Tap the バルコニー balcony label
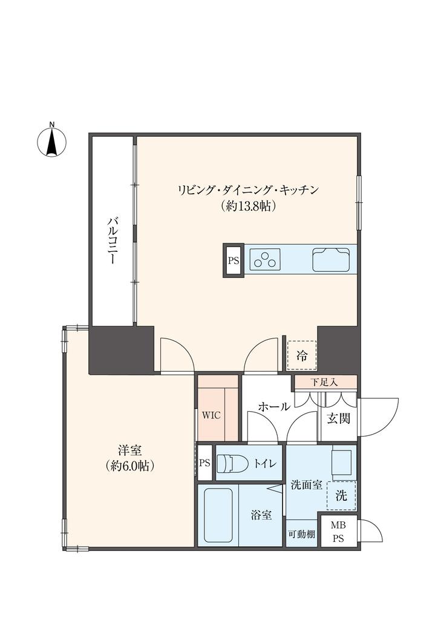point(112,240)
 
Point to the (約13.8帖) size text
point(248,206)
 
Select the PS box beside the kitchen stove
point(234,261)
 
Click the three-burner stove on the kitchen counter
point(267,259)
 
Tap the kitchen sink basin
point(331,260)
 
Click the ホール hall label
point(274,407)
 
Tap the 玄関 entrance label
point(339,418)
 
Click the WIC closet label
point(211,416)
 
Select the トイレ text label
point(265,464)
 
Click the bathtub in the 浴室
point(218,515)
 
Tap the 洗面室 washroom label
point(306,485)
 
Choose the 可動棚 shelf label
point(301,534)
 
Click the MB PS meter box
point(338,531)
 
